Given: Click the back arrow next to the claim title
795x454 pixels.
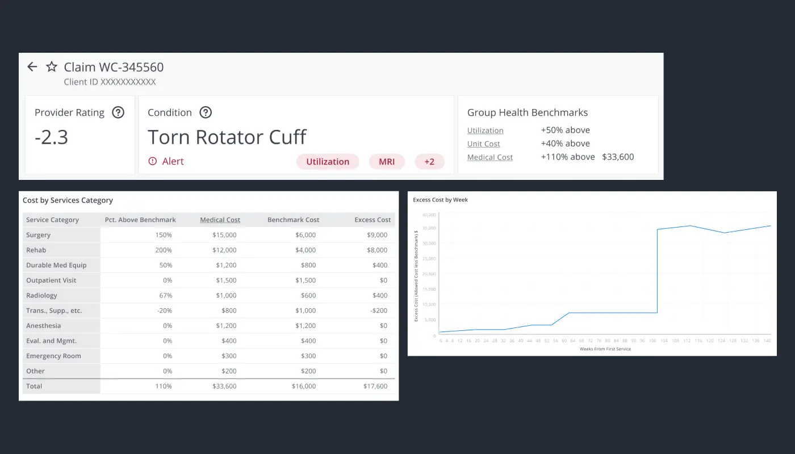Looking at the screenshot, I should [32, 67].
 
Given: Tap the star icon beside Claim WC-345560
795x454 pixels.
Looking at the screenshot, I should [52, 67].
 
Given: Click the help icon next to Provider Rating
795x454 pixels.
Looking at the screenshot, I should [118, 112].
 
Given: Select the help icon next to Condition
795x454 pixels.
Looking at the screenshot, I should [206, 112].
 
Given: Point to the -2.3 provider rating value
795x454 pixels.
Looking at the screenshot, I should [51, 137].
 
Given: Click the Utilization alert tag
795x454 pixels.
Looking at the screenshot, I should [328, 162].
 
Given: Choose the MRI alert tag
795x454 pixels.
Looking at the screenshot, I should [387, 162].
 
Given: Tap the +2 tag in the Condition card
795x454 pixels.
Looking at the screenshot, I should [429, 162].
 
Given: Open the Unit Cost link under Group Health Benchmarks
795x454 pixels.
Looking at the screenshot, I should [483, 144].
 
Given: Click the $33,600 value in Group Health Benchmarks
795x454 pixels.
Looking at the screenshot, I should [618, 157].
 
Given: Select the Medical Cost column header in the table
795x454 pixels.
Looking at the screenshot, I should [220, 220].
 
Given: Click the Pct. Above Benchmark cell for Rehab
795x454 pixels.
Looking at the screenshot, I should [164, 250].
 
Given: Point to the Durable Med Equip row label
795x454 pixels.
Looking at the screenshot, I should [56, 265].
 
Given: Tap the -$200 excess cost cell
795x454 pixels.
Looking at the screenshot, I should [379, 310].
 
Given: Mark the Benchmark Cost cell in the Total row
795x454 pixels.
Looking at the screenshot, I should [304, 386].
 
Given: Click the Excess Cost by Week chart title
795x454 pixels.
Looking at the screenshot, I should [440, 200].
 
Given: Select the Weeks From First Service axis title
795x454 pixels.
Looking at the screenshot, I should [605, 349].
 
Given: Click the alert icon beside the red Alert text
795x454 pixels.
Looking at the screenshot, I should [152, 162].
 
